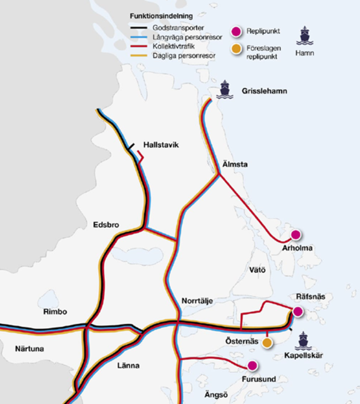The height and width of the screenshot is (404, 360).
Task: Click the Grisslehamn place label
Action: point(264,91)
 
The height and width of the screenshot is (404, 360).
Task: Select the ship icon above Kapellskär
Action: point(303,341)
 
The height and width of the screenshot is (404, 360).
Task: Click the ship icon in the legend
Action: point(305,36)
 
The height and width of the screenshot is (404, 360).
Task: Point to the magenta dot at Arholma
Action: point(296,235)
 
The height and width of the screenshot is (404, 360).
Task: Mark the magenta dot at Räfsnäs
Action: point(297,311)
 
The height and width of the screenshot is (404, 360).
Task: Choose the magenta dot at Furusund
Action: point(252,365)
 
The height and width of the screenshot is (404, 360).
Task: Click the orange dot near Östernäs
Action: point(267,343)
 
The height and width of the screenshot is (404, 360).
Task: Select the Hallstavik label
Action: point(161,145)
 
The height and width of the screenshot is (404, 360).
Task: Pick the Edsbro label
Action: point(106,225)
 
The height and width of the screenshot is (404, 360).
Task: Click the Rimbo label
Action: point(55,312)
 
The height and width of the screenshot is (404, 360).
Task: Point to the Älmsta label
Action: point(235,165)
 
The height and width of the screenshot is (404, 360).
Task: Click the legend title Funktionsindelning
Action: point(156,17)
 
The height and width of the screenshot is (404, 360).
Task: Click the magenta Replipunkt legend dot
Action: point(234,32)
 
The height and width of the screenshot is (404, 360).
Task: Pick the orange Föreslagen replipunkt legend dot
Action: point(234,49)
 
